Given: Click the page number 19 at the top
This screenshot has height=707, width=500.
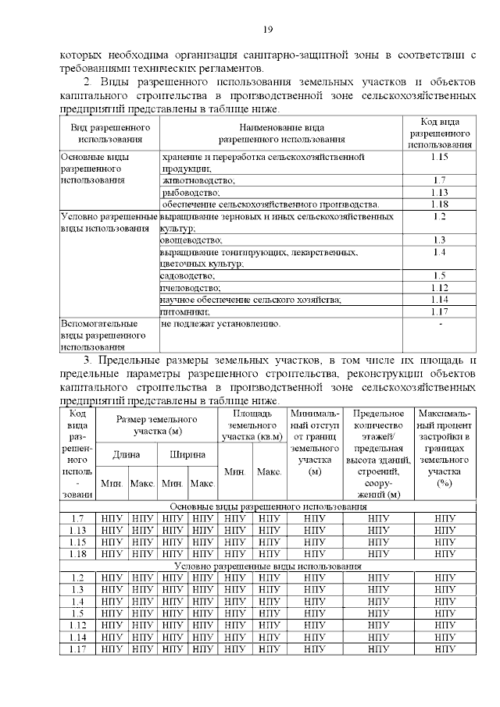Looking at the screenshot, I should click(x=267, y=30).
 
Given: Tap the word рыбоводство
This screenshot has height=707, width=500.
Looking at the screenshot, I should click(x=187, y=192).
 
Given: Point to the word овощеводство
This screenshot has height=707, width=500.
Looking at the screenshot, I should click(x=191, y=240).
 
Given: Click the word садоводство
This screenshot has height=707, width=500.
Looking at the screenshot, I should click(x=187, y=276).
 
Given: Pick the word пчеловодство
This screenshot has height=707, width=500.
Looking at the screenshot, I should click(x=190, y=288).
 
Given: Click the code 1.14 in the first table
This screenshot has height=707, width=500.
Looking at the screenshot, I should click(x=439, y=300).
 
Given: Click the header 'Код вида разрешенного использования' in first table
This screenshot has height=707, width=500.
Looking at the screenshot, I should click(x=439, y=133).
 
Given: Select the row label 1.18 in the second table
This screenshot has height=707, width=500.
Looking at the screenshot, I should click(x=77, y=553).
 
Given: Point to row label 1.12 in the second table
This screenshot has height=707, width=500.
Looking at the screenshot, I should click(x=77, y=626).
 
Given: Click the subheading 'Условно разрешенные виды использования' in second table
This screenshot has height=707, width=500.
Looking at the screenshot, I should click(x=268, y=566).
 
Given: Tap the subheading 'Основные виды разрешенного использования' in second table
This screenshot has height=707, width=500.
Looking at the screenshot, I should click(x=268, y=506).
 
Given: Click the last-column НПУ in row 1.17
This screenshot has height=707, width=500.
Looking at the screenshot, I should click(x=445, y=649).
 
